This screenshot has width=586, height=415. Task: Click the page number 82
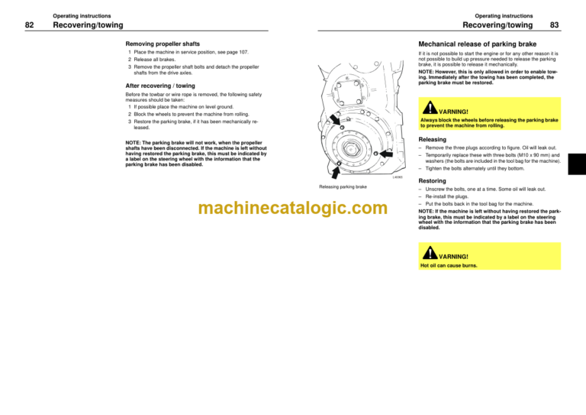point(30,24)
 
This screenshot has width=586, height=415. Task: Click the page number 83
point(555,24)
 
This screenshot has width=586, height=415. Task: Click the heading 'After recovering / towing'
point(165,86)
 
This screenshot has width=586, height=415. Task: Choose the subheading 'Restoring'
point(434,181)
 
